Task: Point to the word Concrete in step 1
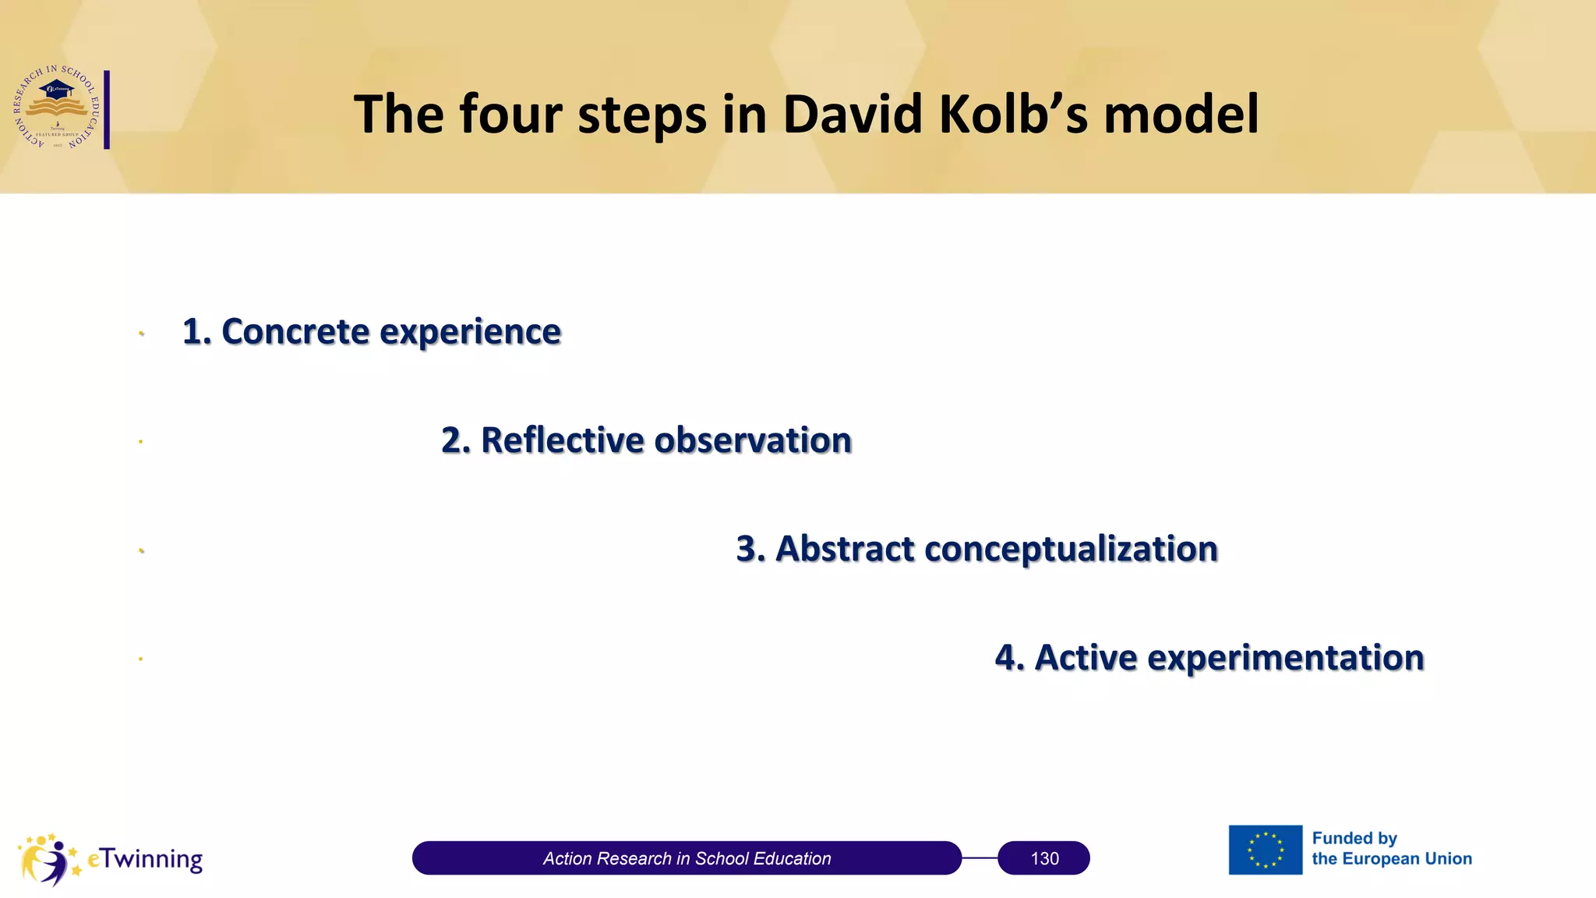295,331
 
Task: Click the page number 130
1044,858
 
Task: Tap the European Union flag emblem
1265,850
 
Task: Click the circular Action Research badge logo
57,108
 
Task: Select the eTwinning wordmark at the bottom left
145,858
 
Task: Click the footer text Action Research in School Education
687,858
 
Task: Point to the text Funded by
1354,838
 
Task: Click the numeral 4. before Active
1009,657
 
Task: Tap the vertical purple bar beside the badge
107,109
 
